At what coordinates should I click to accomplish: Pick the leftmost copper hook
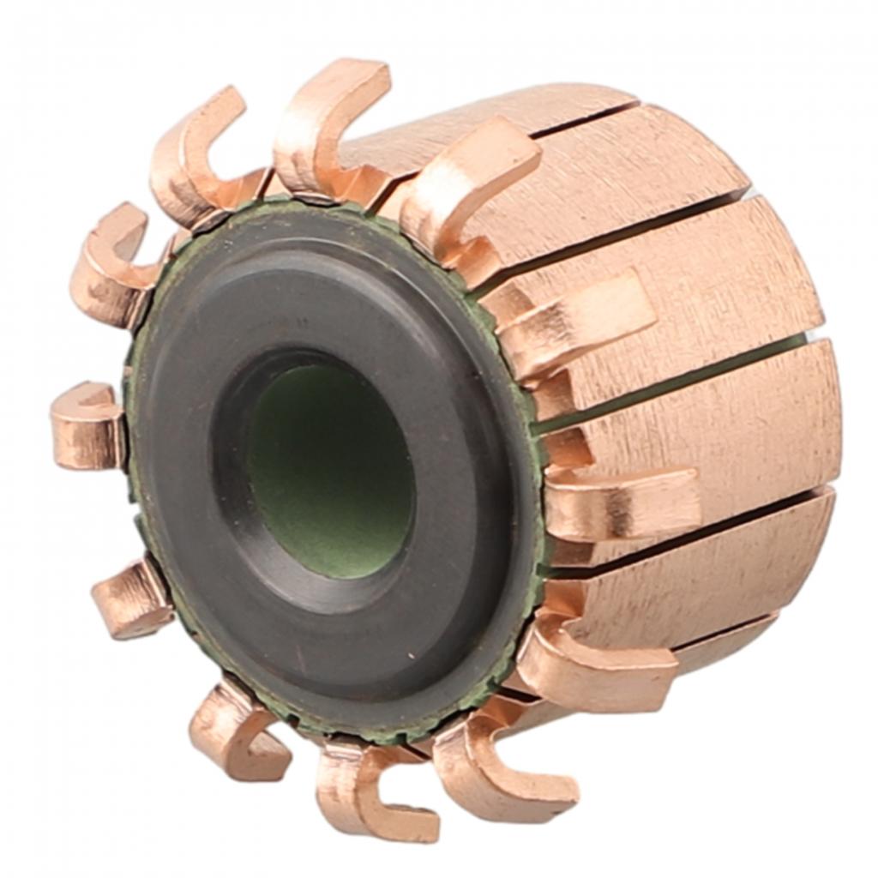pos(86,424)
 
